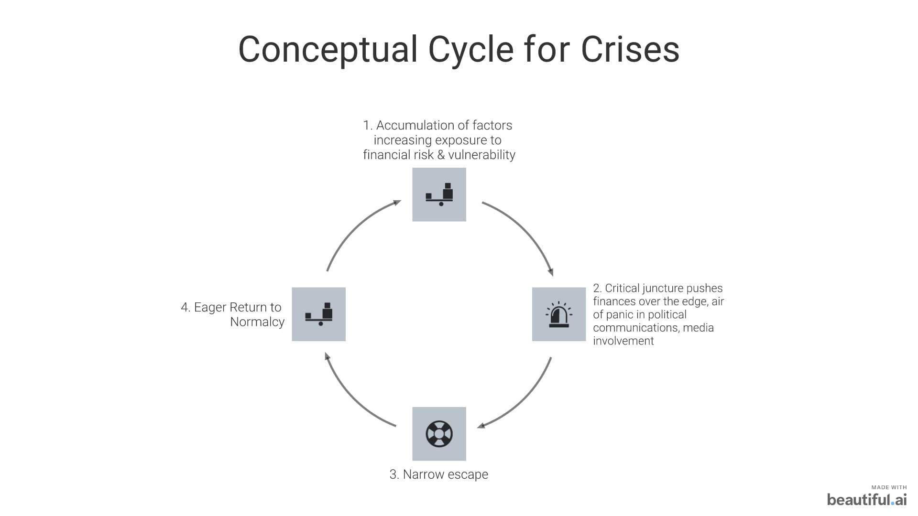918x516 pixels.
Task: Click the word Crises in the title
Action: click(x=630, y=49)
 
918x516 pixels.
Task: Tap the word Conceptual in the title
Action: click(x=328, y=49)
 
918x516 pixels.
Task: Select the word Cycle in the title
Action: click(x=470, y=49)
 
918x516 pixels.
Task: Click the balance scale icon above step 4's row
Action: click(x=439, y=194)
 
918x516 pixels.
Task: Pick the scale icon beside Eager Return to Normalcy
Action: click(x=318, y=314)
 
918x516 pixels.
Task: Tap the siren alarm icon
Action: click(x=558, y=314)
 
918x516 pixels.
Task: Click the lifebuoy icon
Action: click(x=439, y=434)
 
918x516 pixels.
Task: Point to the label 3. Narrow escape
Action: click(x=438, y=474)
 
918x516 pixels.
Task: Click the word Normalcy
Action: click(x=257, y=322)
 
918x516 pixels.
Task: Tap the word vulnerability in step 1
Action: click(x=481, y=155)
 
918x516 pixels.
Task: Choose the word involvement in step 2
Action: click(x=623, y=341)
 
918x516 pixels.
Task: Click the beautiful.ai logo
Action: click(x=866, y=500)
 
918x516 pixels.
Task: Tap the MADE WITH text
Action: click(x=889, y=487)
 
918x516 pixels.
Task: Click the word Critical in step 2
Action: click(x=622, y=288)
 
